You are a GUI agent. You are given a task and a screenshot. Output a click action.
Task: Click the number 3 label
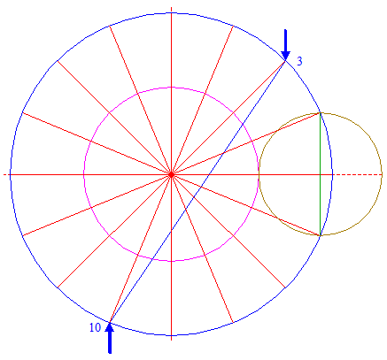[299, 61]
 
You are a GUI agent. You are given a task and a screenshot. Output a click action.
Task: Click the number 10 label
[95, 327]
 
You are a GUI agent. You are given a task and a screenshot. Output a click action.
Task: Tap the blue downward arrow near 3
[285, 45]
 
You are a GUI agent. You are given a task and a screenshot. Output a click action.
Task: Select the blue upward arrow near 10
[110, 338]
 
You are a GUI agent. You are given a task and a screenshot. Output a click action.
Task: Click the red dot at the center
[171, 175]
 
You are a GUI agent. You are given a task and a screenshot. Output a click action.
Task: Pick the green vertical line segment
[321, 174]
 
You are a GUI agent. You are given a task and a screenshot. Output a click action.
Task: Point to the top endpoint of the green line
[321, 113]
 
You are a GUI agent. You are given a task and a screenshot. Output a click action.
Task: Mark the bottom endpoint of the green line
[321, 235]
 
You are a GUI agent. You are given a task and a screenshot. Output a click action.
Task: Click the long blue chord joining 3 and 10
[197, 192]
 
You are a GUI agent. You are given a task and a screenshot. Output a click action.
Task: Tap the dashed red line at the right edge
[358, 175]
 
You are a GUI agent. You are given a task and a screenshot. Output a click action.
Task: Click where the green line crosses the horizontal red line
[321, 175]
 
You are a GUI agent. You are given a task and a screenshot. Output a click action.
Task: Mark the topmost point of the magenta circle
[171, 88]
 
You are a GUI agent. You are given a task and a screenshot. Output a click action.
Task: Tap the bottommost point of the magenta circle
[171, 261]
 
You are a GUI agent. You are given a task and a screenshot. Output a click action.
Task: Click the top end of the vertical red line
[171, 7]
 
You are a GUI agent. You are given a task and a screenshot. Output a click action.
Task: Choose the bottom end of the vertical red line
[171, 341]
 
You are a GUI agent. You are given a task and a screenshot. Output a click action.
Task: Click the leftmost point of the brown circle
[259, 174]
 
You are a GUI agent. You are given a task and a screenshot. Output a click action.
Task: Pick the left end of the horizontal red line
[4, 175]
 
